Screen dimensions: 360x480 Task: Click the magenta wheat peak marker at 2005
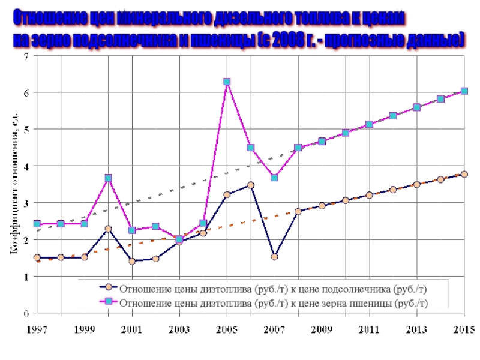[227, 82]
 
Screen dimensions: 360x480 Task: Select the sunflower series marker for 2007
[274, 257]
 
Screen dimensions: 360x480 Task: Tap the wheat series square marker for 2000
[108, 178]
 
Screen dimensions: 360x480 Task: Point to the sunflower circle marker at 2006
[251, 185]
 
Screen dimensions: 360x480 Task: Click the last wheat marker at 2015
[464, 91]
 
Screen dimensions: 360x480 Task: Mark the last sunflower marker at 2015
[464, 174]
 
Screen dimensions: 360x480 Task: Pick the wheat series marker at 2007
[274, 178]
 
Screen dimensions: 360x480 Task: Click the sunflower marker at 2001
[132, 261]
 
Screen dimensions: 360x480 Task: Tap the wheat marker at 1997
[37, 224]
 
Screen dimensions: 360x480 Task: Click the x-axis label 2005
[227, 329]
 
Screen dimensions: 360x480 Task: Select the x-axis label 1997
[37, 329]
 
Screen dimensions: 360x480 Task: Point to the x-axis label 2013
[416, 329]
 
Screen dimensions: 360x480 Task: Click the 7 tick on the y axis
[26, 56]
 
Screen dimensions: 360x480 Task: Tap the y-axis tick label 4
[26, 166]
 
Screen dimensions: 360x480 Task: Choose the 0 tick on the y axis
[26, 313]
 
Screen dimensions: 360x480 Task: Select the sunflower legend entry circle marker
[108, 287]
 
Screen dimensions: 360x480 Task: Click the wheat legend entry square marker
[108, 302]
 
